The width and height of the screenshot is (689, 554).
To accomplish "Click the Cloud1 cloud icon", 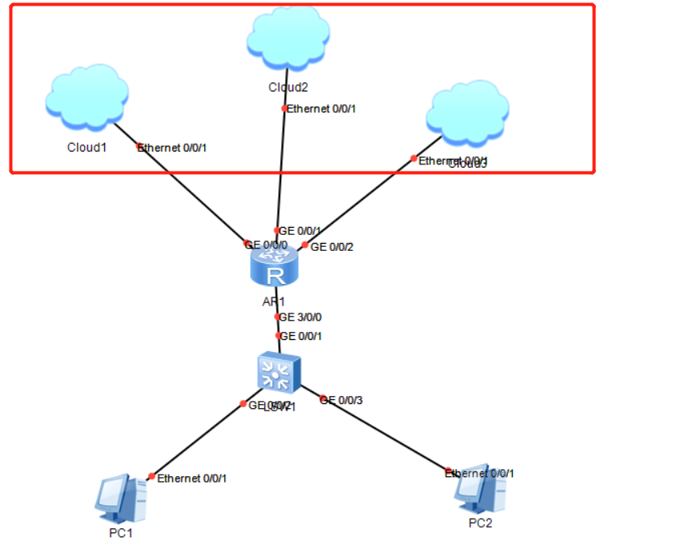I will click(x=87, y=98).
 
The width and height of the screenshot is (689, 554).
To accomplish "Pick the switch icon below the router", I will click(x=277, y=372).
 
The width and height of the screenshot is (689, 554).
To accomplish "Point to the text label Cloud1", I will click(x=87, y=148).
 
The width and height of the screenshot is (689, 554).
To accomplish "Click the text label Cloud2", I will click(x=288, y=87).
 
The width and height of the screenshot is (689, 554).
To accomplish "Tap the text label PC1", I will click(x=119, y=533).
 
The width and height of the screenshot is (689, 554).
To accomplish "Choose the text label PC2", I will click(x=481, y=523).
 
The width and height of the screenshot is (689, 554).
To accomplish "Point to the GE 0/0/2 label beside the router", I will click(x=332, y=247).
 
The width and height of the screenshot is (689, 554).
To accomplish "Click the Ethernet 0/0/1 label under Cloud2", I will click(x=321, y=108).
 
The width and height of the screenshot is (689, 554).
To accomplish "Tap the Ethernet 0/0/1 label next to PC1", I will click(x=192, y=479).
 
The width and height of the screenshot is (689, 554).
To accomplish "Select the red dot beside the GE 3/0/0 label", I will click(x=277, y=317).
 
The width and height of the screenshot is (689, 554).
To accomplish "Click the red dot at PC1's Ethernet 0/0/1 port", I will click(x=151, y=476).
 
